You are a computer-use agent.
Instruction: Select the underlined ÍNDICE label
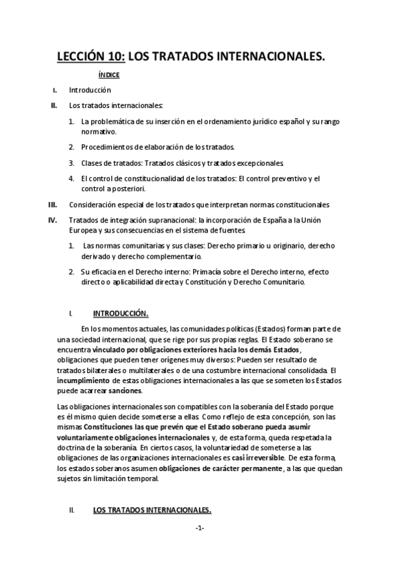[x=109, y=75]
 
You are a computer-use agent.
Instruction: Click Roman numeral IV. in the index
[x=53, y=220]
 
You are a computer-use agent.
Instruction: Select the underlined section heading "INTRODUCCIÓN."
[x=121, y=313]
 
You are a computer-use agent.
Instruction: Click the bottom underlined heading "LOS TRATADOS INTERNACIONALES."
[x=152, y=510]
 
